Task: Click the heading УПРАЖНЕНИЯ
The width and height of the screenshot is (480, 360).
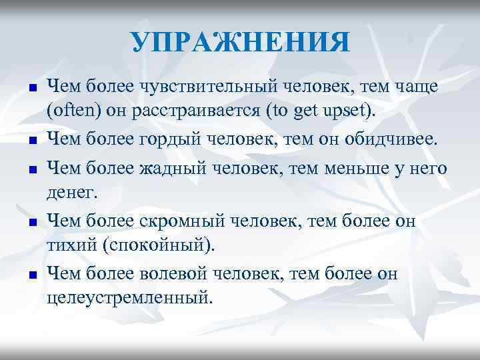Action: coord(240,43)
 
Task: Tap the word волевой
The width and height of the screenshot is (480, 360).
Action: coord(177,274)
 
